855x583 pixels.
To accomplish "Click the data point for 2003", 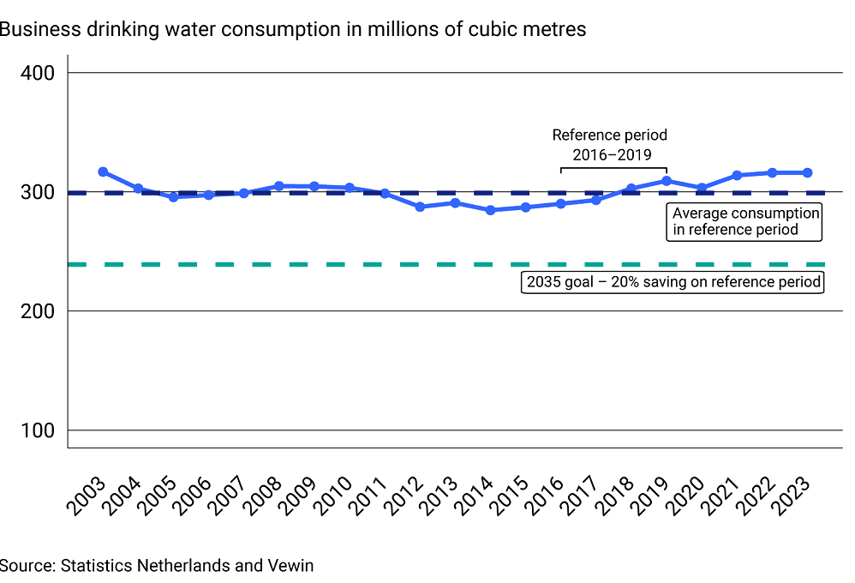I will point(103,172).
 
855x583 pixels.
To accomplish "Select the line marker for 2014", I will point(490,210).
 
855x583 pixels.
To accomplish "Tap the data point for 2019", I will point(666,181).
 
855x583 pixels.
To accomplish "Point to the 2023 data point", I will point(807,173).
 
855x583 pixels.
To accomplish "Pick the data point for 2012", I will point(420,207).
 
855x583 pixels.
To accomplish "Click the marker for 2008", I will point(278,186).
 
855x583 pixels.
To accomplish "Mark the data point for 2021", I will point(737,176).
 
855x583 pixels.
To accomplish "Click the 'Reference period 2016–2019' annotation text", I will point(609,145).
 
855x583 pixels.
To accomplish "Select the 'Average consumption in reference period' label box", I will point(745,221).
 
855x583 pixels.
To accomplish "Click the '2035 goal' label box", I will point(673,282).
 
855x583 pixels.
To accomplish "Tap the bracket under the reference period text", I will point(613,168).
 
